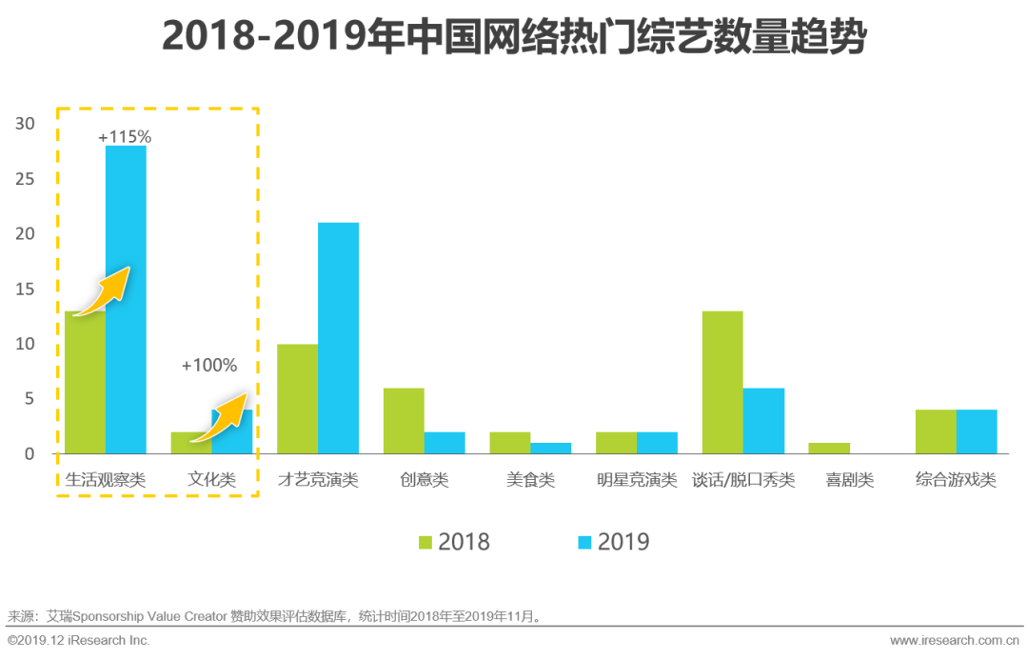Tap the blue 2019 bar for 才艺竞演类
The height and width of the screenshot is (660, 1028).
click(338, 338)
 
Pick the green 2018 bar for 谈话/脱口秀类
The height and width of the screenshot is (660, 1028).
click(722, 382)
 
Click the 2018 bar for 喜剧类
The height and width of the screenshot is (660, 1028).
click(828, 448)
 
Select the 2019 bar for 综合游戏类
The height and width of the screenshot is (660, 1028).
click(977, 431)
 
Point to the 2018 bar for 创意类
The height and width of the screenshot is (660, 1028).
click(404, 420)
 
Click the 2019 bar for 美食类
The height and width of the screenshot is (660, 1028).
click(551, 448)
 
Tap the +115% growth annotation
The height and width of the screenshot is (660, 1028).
click(125, 136)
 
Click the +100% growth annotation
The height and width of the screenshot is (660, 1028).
click(208, 365)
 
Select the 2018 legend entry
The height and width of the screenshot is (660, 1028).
click(454, 542)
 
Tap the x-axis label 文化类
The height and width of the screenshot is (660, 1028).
click(211, 479)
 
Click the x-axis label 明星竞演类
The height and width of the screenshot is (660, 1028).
click(637, 479)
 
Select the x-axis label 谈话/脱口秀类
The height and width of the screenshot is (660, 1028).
click(743, 479)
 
